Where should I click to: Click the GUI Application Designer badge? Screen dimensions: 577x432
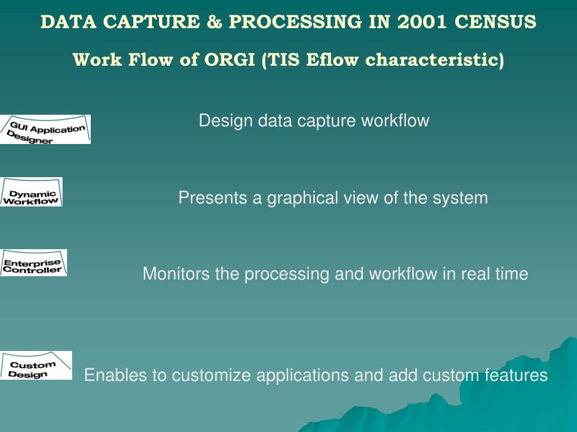pos(45,129)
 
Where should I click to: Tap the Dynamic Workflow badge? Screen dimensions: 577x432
pos(32,192)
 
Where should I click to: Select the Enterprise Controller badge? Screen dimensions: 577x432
pos(33,263)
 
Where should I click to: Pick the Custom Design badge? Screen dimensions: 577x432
pos(36,366)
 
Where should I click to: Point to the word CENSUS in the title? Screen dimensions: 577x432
pos(495,22)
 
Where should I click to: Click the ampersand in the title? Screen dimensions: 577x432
pos(214,22)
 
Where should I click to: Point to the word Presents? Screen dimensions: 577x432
pos(212,197)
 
